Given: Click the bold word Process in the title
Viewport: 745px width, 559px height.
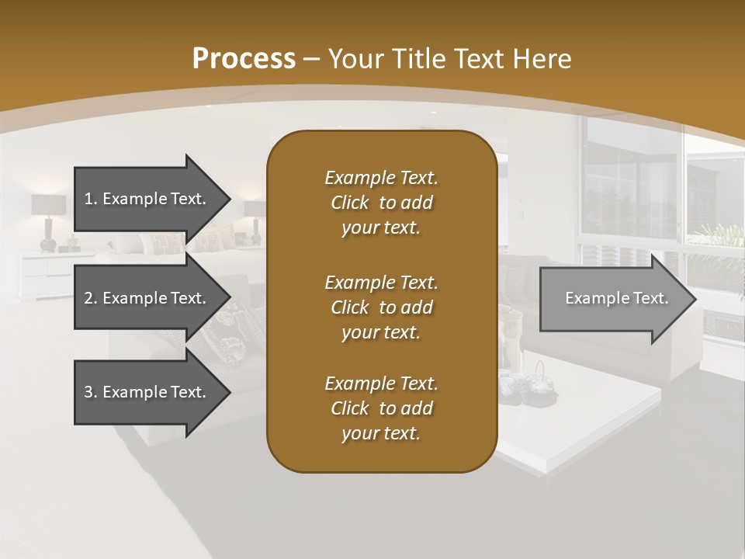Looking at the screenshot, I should tap(244, 59).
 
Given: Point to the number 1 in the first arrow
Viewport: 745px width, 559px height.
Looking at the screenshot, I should tap(88, 199).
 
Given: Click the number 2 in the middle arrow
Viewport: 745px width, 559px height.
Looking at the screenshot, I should tap(88, 298).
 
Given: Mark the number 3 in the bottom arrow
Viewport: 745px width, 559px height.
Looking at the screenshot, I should tap(88, 392).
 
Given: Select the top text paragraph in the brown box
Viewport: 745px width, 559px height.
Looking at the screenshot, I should tap(381, 203).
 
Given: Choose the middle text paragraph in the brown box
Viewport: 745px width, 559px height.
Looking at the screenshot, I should tap(381, 307).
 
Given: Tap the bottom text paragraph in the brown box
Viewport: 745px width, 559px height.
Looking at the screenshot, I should tap(381, 408).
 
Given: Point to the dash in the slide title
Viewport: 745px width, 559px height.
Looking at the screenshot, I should tap(312, 59).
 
